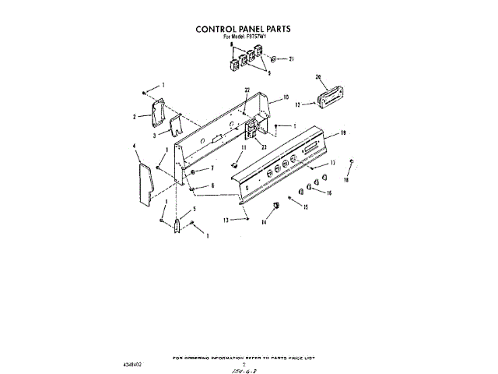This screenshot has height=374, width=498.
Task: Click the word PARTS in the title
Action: pos(273,28)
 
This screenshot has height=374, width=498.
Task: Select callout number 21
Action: pos(292,59)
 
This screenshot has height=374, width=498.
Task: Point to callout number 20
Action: pos(318,77)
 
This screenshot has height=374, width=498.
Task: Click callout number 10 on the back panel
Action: pos(286,98)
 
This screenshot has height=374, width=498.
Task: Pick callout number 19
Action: pos(342,133)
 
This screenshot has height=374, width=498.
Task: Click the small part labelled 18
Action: pos(352,162)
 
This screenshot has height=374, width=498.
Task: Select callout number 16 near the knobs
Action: pos(328,192)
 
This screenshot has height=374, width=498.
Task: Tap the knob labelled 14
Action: pos(275,206)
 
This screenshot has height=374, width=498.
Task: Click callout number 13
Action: pos(226,221)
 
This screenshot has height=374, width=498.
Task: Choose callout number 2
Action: pos(135,117)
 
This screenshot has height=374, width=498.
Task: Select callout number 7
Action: pos(211,168)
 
